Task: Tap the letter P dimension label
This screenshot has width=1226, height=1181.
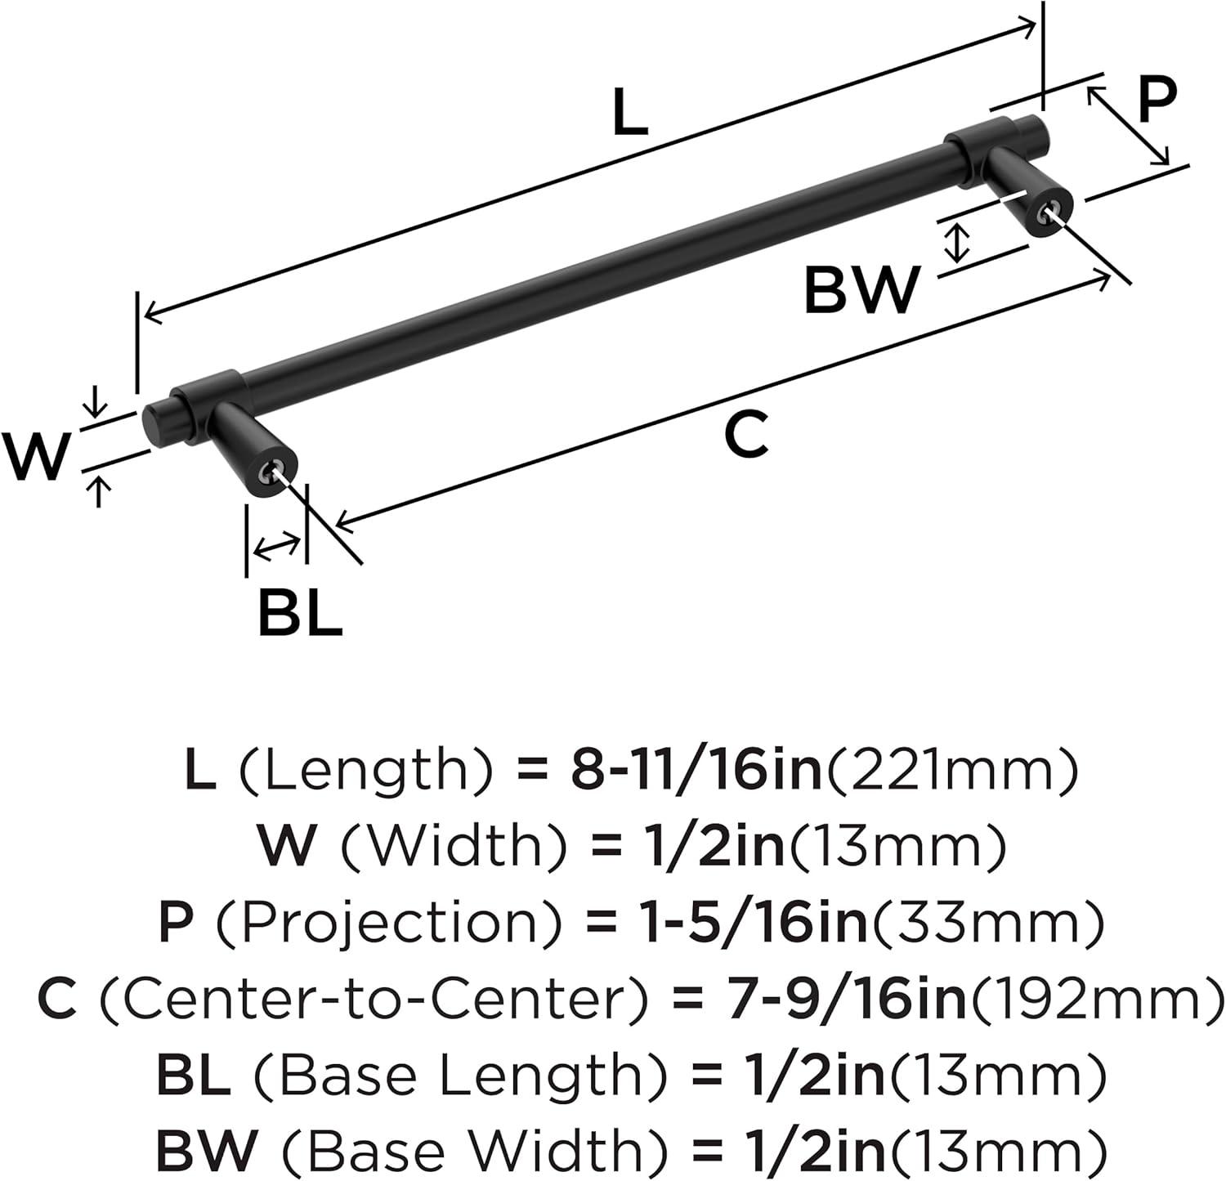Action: coord(1157,99)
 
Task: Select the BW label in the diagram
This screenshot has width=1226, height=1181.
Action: coord(862,290)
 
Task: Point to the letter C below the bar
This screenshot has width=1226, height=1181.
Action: coord(747,435)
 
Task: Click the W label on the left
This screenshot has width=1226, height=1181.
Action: coord(35,456)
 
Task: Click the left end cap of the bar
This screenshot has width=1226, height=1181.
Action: coord(155,424)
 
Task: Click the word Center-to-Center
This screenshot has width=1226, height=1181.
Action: coord(374,999)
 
